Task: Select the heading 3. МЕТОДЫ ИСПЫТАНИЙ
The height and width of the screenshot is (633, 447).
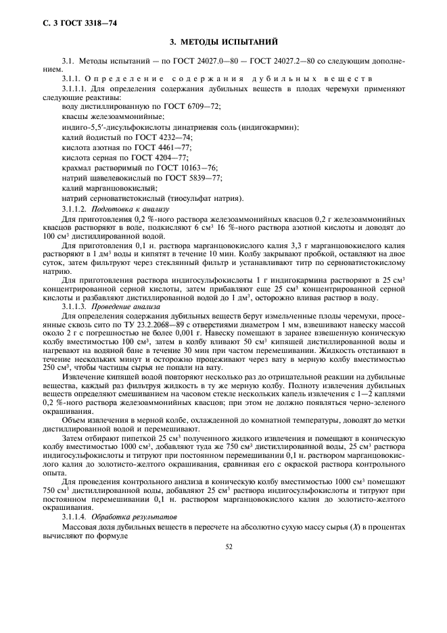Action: click(223, 43)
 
